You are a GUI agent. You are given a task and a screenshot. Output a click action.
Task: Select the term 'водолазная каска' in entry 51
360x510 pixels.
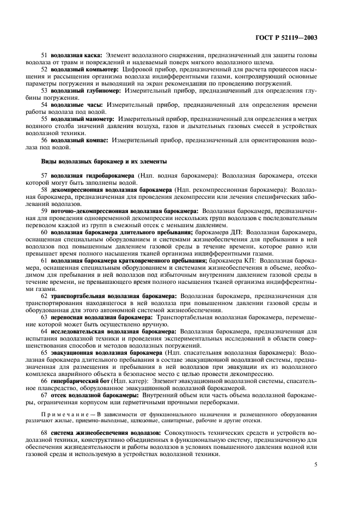[x=76, y=56]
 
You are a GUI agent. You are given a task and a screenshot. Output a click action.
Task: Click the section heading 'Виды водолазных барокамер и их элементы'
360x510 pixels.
[x=104, y=161]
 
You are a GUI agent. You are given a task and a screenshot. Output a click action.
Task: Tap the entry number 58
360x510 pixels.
[x=45, y=190]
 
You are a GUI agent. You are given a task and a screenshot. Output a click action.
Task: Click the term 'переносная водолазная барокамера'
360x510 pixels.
[x=102, y=317]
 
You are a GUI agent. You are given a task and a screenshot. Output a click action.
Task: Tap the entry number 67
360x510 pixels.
[x=45, y=395]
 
